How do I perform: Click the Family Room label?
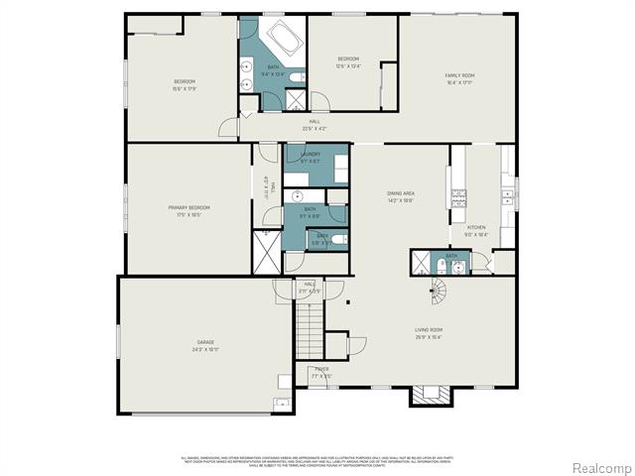click(x=459, y=74)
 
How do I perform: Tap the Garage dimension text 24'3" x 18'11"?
click(x=205, y=350)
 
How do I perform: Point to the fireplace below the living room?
click(x=431, y=395)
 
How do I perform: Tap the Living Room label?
click(x=429, y=329)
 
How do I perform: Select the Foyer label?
click(x=322, y=369)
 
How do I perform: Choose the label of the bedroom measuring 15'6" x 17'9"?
click(x=185, y=81)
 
